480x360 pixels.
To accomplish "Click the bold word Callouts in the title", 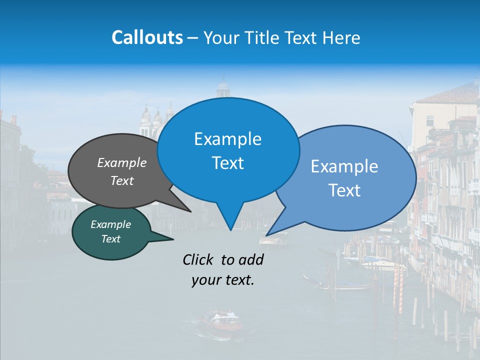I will pyautogui.click(x=147, y=37).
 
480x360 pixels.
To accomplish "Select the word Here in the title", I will pyautogui.click(x=342, y=37).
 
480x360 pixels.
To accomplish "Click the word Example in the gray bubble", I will pyautogui.click(x=122, y=162).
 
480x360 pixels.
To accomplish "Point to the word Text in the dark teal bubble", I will pyautogui.click(x=111, y=239).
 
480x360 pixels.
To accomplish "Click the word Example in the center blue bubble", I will pyautogui.click(x=227, y=139).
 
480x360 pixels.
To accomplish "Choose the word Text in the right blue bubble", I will pyautogui.click(x=345, y=190).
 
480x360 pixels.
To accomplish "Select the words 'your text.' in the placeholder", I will pyautogui.click(x=223, y=280).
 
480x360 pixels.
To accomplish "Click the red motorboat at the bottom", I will pyautogui.click(x=220, y=321).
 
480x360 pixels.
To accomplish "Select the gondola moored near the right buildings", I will pyautogui.click(x=340, y=286).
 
